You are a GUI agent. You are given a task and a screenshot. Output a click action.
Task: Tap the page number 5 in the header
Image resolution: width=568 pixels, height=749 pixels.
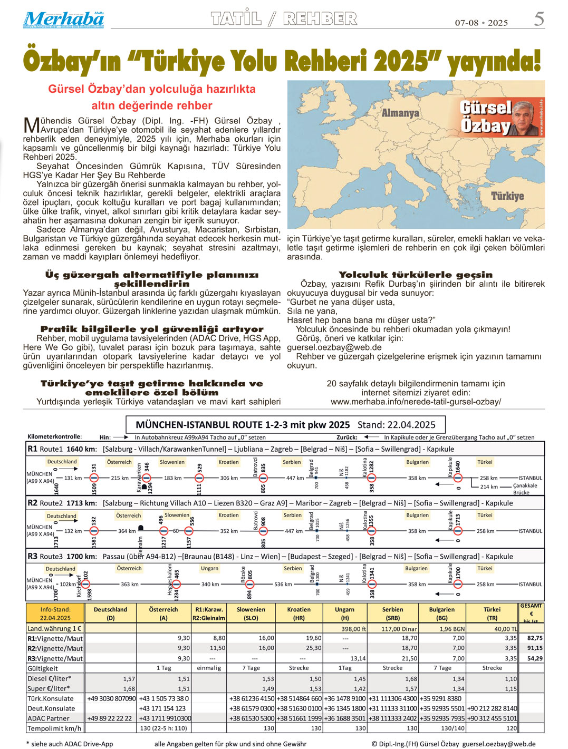pyautogui.click(x=538, y=19)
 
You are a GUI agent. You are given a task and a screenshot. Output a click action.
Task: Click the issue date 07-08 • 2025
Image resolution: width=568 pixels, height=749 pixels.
pyautogui.click(x=481, y=23)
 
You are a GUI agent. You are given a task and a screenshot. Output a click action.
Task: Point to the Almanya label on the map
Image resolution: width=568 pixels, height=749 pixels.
pyautogui.click(x=400, y=113)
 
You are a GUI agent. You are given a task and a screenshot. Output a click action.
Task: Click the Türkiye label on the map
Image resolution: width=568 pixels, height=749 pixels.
pyautogui.click(x=507, y=196)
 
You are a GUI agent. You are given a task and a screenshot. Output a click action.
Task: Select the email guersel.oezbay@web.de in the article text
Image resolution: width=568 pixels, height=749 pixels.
pyautogui.click(x=334, y=347)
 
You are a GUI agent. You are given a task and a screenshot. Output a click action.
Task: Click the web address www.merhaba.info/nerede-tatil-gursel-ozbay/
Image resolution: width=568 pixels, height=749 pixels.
pyautogui.click(x=416, y=402)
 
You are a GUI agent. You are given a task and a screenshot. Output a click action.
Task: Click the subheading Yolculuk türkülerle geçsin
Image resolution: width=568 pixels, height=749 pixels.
pyautogui.click(x=416, y=275)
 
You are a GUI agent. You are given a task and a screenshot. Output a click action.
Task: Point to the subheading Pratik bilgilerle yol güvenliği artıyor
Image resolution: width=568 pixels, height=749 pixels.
pyautogui.click(x=152, y=329)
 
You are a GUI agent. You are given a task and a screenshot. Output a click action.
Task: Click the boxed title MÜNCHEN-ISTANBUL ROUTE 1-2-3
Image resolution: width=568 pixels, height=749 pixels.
pyautogui.click(x=285, y=425)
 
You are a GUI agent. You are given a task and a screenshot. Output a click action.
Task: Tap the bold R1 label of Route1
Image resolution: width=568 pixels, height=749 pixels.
pyautogui.click(x=33, y=449)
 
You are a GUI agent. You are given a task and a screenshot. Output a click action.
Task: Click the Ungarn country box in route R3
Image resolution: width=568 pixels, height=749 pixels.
pyautogui.click(x=209, y=568)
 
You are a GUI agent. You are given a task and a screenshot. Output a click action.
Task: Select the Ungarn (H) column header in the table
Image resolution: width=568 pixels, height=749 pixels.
pyautogui.click(x=344, y=614)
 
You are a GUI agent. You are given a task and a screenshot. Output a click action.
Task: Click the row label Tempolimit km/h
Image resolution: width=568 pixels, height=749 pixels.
pyautogui.click(x=55, y=728)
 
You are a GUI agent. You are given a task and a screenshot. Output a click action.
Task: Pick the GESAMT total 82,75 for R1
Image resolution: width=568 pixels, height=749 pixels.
pyautogui.click(x=535, y=638)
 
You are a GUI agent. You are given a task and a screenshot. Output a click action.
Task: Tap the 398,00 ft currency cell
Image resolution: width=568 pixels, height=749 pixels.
pyautogui.click(x=353, y=629)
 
